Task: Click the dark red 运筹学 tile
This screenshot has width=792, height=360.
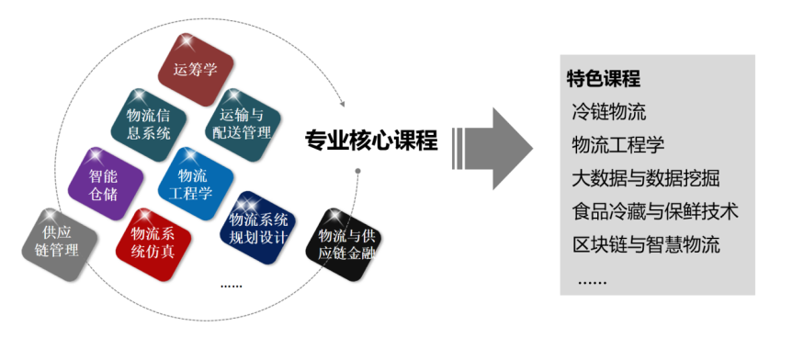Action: click(x=196, y=70)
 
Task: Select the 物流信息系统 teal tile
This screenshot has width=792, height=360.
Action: click(x=149, y=125)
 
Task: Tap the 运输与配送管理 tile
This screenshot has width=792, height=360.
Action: click(x=243, y=125)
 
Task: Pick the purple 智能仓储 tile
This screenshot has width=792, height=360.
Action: click(x=105, y=184)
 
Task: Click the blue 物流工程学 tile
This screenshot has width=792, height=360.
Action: click(x=196, y=184)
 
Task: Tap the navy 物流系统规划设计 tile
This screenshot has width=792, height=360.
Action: click(x=257, y=228)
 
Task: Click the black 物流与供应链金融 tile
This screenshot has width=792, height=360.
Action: click(x=344, y=244)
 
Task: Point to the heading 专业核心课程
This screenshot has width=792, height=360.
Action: click(x=371, y=140)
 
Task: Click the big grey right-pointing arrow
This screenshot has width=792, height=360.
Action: click(x=492, y=149)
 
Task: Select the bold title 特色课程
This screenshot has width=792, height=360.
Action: click(x=604, y=79)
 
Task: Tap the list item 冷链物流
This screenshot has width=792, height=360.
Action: click(x=608, y=112)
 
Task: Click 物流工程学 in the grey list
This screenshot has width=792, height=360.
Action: click(x=617, y=145)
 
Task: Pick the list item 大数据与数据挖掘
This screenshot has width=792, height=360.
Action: click(x=646, y=178)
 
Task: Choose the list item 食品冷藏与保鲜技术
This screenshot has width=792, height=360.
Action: click(x=654, y=211)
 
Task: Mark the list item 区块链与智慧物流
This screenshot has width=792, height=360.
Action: click(x=646, y=245)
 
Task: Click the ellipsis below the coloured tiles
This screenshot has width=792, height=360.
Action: click(x=232, y=287)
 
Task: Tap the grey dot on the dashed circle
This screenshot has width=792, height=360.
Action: click(x=357, y=171)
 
